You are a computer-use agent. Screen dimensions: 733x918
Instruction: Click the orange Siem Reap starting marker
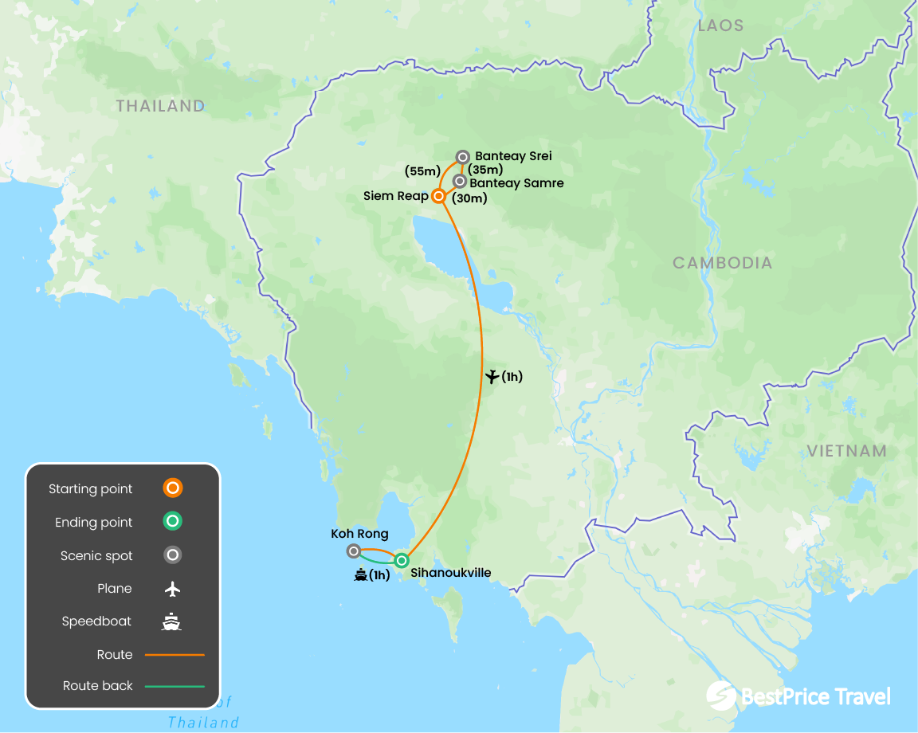coord(437,196)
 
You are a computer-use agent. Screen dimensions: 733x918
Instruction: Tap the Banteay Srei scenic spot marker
coord(462,157)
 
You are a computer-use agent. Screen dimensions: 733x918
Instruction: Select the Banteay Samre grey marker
coord(460,182)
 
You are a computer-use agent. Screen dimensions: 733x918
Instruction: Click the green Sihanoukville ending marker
coord(402,560)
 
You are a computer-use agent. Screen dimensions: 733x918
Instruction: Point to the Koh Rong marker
coord(354,551)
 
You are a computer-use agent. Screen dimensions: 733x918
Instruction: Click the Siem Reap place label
coord(395,196)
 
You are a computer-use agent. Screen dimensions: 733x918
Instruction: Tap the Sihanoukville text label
coord(450,573)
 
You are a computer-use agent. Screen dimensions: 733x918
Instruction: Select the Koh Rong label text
coord(359,534)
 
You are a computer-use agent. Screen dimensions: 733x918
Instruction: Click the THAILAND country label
coord(160,106)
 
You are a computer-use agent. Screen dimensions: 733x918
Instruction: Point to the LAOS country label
coord(720,25)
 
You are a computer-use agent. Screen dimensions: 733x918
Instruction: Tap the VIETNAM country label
coord(846,451)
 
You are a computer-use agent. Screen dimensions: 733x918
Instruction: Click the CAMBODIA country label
coord(722,263)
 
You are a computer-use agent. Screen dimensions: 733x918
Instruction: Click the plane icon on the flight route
coord(492,376)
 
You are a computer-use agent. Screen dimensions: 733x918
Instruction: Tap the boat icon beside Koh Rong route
coord(360,574)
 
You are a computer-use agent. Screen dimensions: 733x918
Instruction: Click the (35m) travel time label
coord(485,169)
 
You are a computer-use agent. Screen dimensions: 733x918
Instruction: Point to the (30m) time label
coord(469,198)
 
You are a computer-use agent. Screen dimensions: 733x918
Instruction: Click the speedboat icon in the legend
coord(171,621)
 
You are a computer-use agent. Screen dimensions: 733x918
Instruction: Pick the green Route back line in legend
coord(175,686)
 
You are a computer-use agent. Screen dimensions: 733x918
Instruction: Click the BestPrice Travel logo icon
coord(720,695)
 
